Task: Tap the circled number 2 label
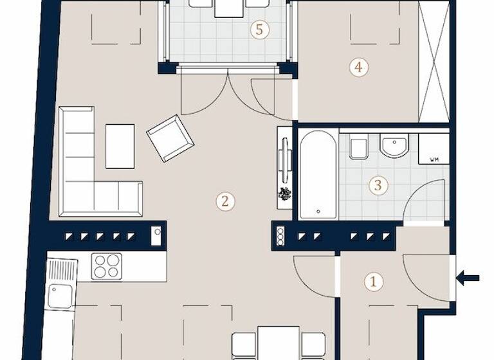pos(224,201)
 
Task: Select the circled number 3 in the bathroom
pos(378,186)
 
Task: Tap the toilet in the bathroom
pos(358,148)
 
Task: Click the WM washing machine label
pos(434,159)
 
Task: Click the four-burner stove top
pos(107,265)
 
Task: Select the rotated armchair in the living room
pos(170,138)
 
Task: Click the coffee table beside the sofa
pos(120,145)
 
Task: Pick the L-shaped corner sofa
pos(90,174)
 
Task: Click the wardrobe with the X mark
pos(433,62)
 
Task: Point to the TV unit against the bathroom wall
pos(284,166)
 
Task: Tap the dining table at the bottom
pos(278,343)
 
